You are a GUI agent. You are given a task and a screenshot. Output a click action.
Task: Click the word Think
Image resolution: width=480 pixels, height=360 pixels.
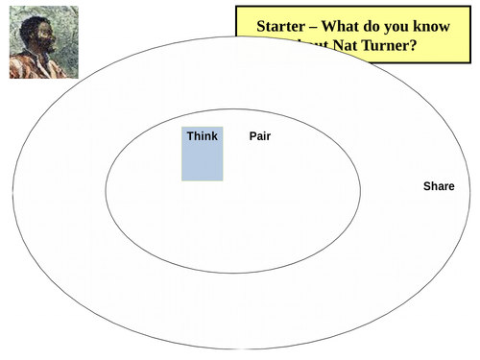[202, 136]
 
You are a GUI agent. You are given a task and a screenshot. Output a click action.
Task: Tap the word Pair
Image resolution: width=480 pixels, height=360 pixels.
[259, 136]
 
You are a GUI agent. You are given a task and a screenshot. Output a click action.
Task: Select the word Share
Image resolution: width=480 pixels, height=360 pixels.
[439, 186]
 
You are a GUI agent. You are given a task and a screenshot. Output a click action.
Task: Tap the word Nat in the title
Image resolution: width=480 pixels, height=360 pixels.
[340, 48]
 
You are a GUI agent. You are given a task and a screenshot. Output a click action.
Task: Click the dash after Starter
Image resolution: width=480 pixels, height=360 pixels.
[316, 27]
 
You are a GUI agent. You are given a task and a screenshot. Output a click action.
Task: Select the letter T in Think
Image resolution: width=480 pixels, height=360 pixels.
[190, 136]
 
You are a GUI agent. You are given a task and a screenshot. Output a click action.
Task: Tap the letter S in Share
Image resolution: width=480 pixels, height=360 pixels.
[427, 186]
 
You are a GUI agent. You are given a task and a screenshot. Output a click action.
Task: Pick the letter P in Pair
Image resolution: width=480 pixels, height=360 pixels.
[252, 136]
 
